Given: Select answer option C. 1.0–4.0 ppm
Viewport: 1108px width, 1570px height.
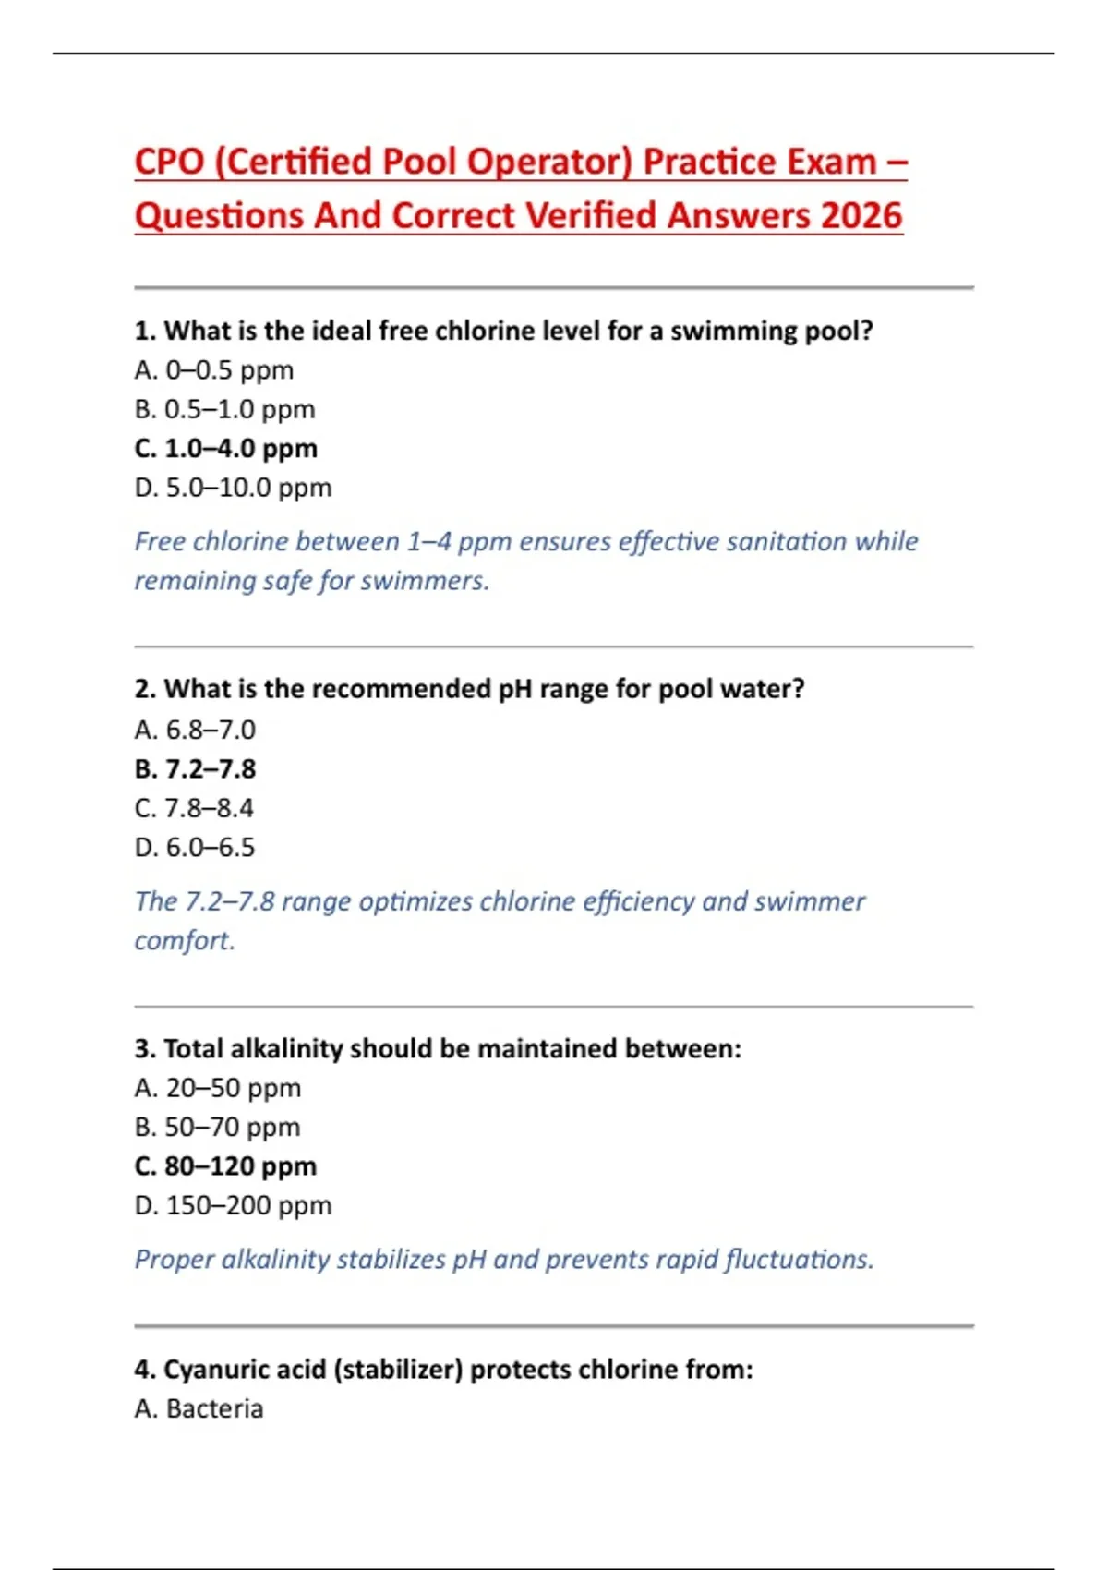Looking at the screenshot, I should coord(225,448).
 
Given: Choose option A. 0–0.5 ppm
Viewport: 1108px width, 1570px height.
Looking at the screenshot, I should coord(213,370).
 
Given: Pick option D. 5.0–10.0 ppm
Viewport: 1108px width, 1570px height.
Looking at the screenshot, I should coord(233,488).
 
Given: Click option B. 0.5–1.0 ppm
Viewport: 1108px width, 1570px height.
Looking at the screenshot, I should coord(224,409).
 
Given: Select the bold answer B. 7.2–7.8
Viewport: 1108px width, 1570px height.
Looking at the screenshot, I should coord(195,768).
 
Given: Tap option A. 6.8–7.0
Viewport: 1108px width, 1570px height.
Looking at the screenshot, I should coord(195,730).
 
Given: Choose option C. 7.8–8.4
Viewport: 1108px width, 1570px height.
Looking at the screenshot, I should coord(194,808).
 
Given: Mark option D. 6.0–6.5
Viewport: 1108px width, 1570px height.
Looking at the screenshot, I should coord(194,847).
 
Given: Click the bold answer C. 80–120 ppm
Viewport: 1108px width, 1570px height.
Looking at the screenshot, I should coord(225,1166).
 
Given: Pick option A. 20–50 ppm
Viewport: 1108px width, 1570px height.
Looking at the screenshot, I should coord(217,1088).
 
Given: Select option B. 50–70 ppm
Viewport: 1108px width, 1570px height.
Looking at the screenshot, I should coord(217,1127).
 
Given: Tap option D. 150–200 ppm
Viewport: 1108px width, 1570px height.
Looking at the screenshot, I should coord(233,1205).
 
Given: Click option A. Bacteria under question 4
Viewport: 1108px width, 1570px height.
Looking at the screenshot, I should coord(199,1408).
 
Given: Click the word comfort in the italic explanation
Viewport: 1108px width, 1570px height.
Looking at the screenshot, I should coord(183,940).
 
